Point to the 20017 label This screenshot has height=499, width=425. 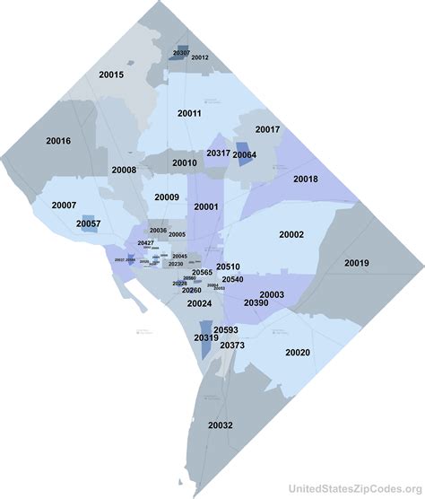click(267, 130)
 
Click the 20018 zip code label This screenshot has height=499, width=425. click(305, 179)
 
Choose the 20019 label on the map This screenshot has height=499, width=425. click(356, 263)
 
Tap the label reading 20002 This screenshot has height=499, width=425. click(291, 234)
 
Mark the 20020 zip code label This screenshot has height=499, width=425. click(297, 353)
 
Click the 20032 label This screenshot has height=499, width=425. click(221, 425)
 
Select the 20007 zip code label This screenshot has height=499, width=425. click(64, 206)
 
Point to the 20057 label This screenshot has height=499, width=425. click(88, 223)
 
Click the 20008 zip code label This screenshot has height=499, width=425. click(124, 170)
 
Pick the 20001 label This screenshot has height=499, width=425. click(206, 206)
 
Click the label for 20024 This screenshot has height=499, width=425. click(199, 303)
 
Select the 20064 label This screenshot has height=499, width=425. click(245, 155)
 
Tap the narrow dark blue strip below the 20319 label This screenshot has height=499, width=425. click(205, 350)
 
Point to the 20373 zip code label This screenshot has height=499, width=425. click(232, 346)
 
